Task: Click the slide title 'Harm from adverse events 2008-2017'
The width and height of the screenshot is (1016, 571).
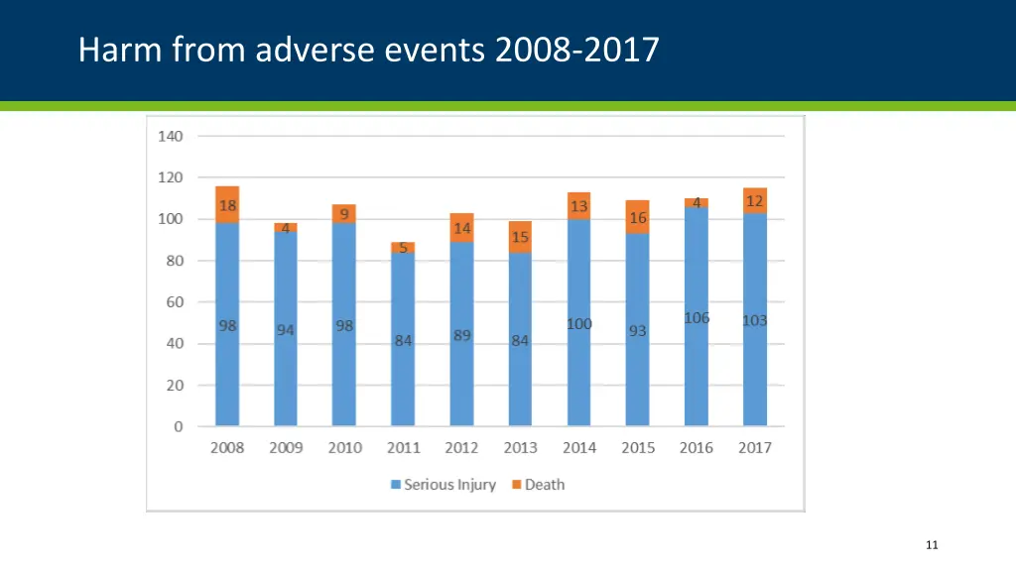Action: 368,49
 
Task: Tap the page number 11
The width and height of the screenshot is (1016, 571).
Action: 931,544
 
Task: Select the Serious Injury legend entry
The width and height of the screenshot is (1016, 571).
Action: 443,485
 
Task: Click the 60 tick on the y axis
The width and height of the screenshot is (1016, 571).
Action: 174,302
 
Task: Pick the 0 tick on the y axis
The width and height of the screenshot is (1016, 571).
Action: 178,427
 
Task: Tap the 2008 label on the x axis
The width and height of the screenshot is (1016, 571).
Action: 227,448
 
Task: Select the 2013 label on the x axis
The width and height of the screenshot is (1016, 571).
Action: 520,448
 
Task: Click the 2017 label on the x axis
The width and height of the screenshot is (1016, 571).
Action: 755,448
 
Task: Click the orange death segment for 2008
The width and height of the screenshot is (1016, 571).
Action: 227,204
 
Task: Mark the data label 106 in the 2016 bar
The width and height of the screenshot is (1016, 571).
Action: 697,318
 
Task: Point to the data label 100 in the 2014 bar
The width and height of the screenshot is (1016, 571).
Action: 579,324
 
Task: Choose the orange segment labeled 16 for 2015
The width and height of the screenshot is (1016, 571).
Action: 638,217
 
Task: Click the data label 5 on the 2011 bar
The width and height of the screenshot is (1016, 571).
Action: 403,248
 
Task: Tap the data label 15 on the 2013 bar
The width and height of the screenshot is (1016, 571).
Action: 520,237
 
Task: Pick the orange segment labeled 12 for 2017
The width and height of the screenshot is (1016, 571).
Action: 755,201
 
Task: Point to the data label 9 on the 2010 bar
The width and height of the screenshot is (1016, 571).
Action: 344,213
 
